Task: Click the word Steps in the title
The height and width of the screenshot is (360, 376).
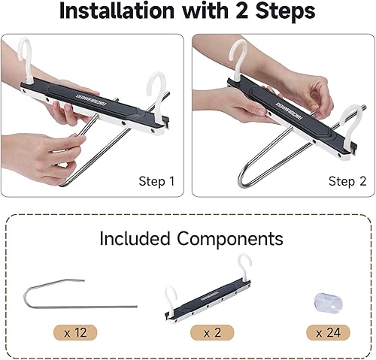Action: pos(282,12)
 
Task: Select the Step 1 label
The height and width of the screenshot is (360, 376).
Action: pos(156,181)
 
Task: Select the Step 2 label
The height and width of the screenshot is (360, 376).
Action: pos(346,181)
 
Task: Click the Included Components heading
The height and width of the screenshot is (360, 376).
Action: pos(191,239)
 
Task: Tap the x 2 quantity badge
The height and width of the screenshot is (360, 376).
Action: pos(210,332)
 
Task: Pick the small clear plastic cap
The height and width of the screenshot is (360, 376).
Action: pos(324,301)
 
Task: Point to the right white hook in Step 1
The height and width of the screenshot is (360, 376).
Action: pos(160,85)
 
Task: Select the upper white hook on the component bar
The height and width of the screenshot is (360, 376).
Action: pos(245,265)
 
